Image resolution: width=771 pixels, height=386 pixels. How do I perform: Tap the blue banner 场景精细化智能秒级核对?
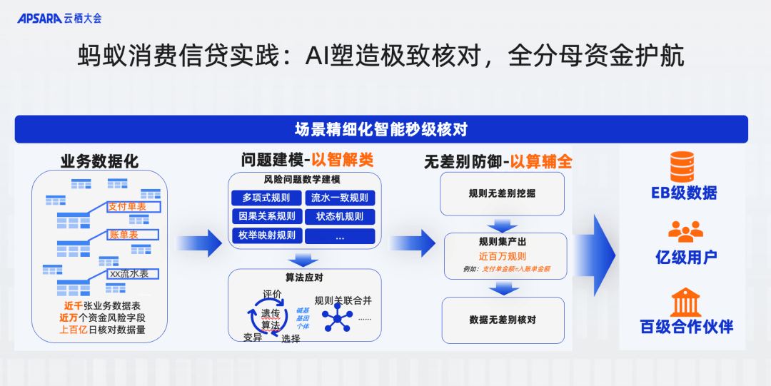pos(381,129)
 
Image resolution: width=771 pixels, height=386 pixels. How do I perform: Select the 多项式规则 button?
pos(266,198)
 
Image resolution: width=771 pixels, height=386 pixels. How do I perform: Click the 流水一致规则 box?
pos(340,198)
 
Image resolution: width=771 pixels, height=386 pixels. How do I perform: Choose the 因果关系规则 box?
pos(266,216)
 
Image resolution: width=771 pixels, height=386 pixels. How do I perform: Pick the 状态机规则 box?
pos(340,216)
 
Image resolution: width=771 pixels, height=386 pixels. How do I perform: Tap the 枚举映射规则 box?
pos(266,235)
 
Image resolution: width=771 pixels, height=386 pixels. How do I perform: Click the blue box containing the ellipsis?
pos(340,235)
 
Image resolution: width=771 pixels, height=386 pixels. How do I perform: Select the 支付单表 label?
pos(133,207)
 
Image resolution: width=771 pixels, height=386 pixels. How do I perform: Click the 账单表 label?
pos(133,234)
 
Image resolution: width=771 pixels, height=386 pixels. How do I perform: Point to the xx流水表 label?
pos(133,273)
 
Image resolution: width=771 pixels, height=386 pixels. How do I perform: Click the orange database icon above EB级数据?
pos(683,166)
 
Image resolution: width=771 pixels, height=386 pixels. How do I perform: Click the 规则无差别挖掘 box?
pos(502,193)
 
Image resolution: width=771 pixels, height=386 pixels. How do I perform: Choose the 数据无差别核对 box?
pos(502,320)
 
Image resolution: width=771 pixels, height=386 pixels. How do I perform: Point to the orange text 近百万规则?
pos(502,256)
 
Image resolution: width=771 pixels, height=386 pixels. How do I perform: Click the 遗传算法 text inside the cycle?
pos(270,318)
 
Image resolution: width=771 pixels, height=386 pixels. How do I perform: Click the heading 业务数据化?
pos(99,161)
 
